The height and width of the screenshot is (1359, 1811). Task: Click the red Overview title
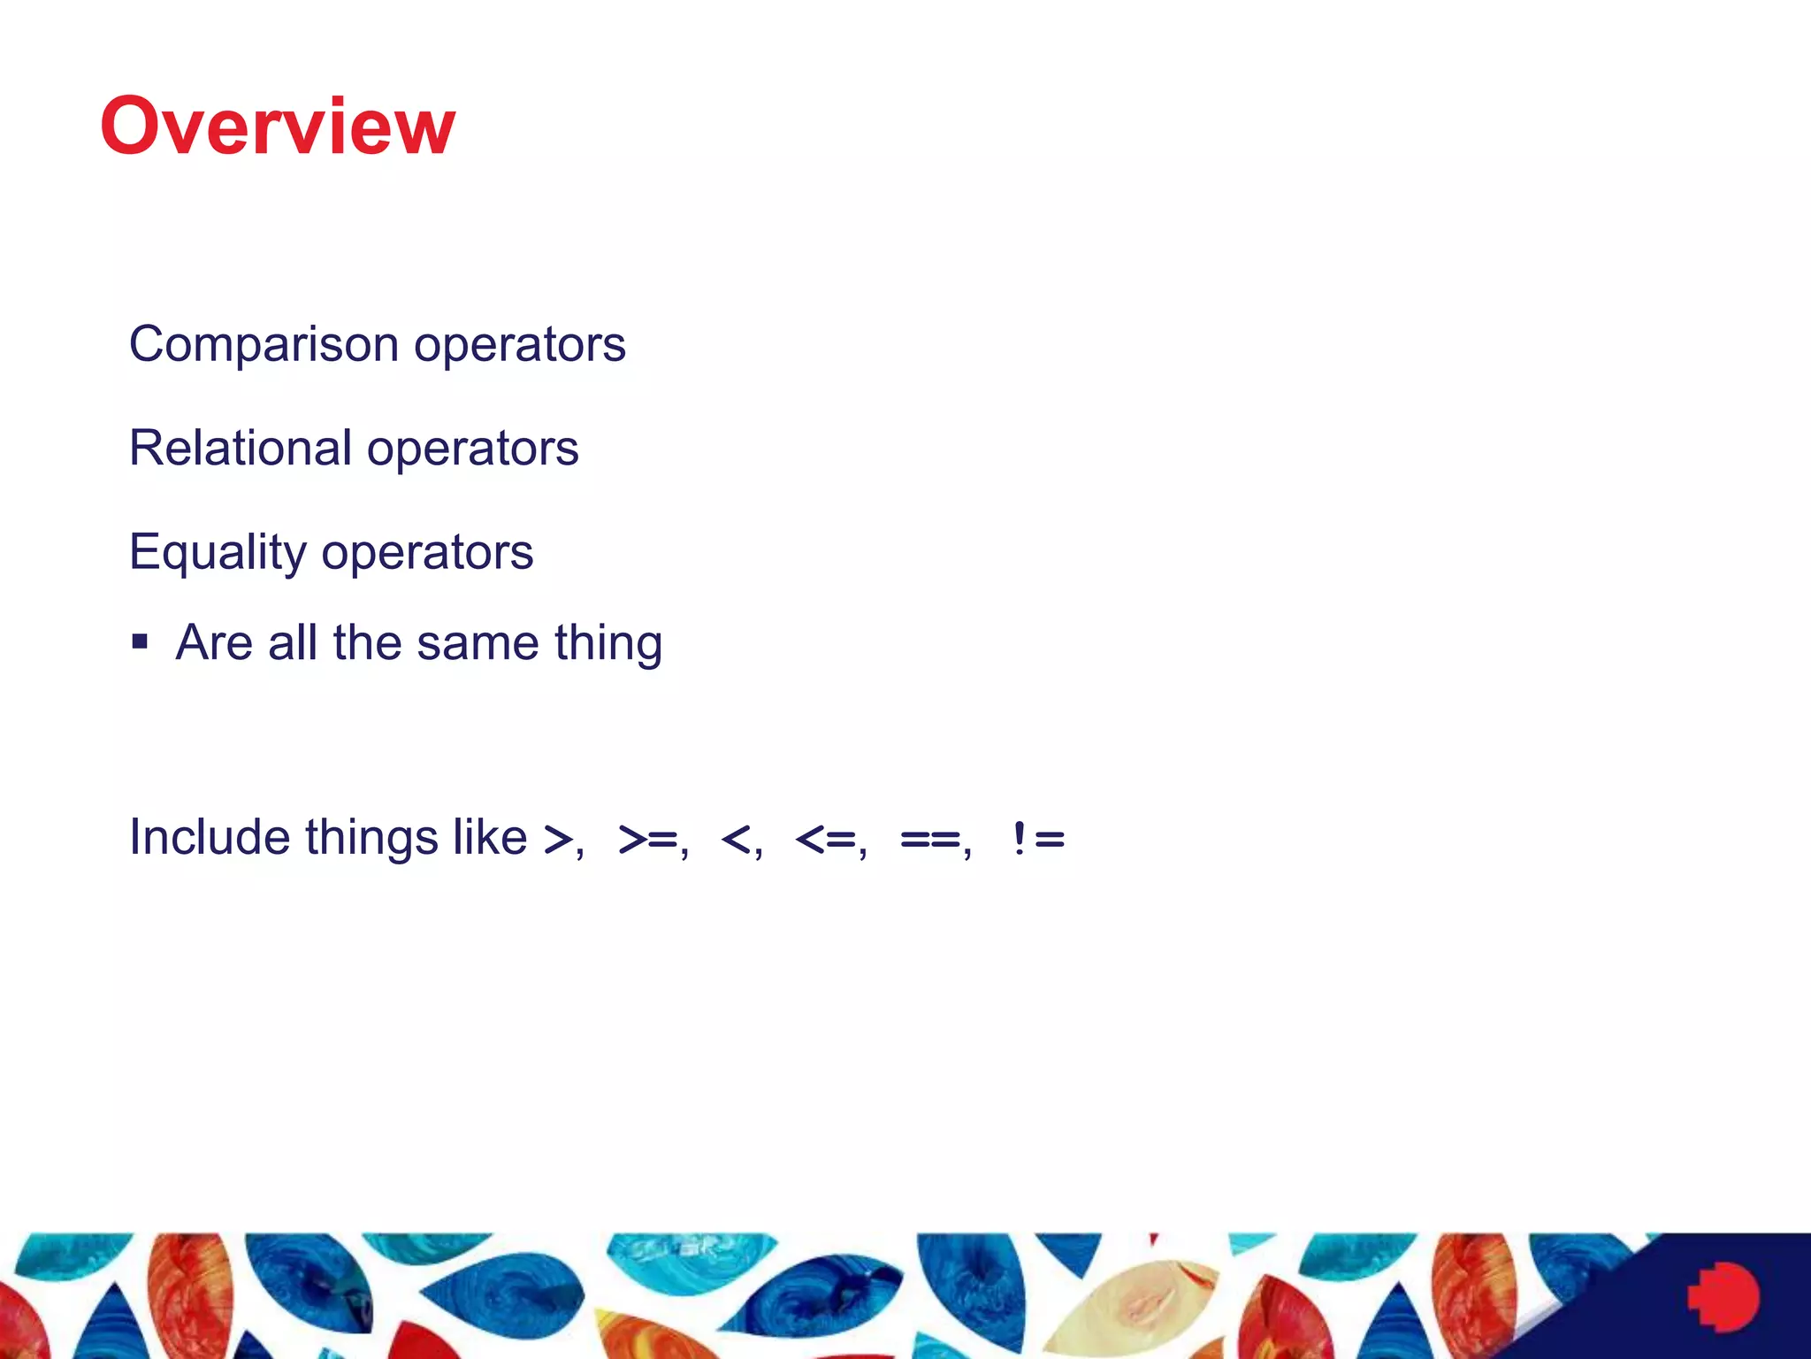278,127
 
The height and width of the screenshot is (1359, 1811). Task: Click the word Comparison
264,344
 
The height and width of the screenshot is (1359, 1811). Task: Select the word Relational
241,448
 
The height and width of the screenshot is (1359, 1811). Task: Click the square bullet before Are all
140,641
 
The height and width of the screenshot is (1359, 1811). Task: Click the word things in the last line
371,838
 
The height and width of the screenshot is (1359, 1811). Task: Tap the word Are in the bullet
214,643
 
